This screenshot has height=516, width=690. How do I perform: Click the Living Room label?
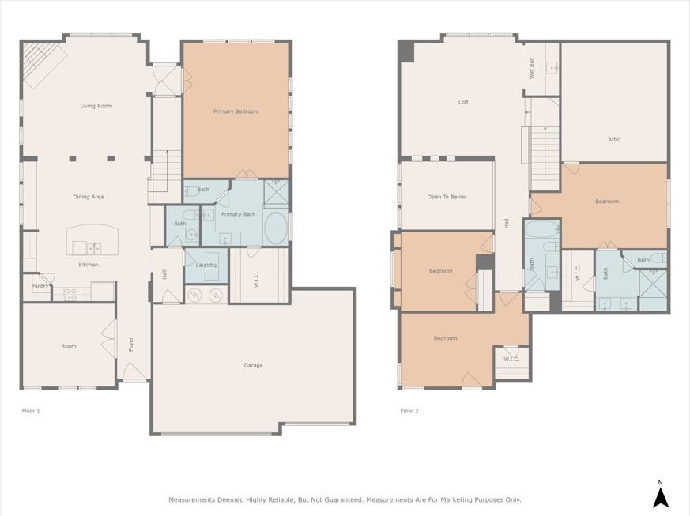(x=96, y=106)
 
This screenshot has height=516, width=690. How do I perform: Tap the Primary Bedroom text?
(x=236, y=111)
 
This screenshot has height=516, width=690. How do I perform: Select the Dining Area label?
(x=88, y=197)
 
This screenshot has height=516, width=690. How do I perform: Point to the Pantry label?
(x=40, y=286)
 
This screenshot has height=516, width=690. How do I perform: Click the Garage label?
(x=253, y=365)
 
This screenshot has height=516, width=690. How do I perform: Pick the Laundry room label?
(x=206, y=265)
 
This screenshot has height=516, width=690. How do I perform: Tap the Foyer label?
(x=131, y=345)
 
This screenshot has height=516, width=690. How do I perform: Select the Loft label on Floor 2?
(x=463, y=102)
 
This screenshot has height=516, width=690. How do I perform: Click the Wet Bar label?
(x=531, y=69)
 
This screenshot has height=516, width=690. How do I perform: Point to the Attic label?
(x=613, y=140)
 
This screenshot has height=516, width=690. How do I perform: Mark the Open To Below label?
(x=447, y=197)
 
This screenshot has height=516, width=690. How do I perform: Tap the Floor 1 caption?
(x=30, y=411)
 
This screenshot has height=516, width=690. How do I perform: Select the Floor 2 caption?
(x=409, y=411)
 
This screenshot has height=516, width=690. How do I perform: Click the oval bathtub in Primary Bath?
(x=275, y=227)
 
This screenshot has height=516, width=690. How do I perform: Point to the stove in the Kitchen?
(x=70, y=292)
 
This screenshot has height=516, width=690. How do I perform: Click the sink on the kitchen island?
(x=92, y=247)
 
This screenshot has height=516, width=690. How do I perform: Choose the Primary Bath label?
(x=238, y=214)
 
